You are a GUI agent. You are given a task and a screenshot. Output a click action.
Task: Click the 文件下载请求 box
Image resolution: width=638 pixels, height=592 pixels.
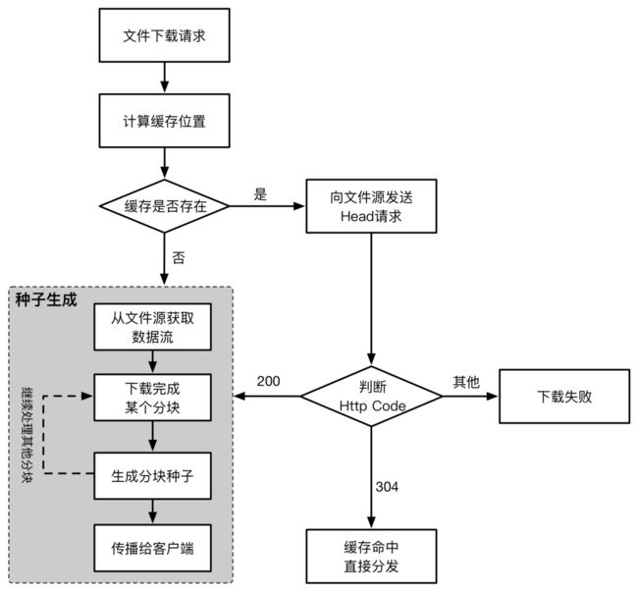click(x=164, y=35)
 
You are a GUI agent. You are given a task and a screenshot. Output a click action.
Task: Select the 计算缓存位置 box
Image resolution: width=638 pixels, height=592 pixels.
click(x=164, y=121)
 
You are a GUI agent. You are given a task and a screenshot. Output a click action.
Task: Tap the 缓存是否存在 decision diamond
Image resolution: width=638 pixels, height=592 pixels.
click(x=164, y=206)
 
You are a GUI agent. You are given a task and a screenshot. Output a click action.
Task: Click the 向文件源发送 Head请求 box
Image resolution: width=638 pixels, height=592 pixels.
click(x=371, y=206)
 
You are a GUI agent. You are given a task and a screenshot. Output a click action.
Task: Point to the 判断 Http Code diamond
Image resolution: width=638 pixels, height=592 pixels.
click(x=371, y=397)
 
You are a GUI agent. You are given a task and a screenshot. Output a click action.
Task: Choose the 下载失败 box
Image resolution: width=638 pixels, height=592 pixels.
click(x=564, y=397)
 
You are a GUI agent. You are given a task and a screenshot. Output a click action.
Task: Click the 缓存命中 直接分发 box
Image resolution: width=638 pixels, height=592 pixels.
click(x=371, y=557)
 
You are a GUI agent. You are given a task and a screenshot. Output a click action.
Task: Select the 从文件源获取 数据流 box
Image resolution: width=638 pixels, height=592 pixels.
click(x=152, y=327)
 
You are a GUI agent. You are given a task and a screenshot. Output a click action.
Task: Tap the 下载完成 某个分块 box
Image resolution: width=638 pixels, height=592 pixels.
click(x=152, y=398)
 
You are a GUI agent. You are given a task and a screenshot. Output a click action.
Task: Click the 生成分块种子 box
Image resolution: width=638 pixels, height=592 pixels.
click(x=152, y=475)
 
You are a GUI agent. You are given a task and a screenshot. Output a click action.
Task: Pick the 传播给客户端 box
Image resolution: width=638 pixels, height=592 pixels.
click(x=152, y=548)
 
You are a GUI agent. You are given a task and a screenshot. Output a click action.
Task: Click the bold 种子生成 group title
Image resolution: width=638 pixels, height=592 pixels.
click(x=46, y=299)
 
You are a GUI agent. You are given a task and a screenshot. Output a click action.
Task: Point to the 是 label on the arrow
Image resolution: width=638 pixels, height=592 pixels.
click(x=260, y=194)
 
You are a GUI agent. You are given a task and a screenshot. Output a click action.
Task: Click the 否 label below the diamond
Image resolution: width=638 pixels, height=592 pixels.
click(x=179, y=257)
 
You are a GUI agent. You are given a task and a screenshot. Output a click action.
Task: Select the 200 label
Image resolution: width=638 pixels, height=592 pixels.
click(x=269, y=381)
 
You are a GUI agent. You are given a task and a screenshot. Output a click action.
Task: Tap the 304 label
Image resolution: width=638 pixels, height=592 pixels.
click(x=387, y=487)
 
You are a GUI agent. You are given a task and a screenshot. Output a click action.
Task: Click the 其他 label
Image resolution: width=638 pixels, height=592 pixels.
click(x=466, y=382)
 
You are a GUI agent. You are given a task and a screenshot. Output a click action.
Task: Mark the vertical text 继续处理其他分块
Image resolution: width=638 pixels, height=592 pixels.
click(x=27, y=435)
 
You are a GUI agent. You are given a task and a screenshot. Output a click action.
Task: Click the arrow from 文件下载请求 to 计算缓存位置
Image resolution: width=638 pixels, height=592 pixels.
click(x=164, y=78)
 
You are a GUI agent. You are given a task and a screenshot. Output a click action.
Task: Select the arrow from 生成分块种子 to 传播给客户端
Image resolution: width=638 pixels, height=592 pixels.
click(x=152, y=511)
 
